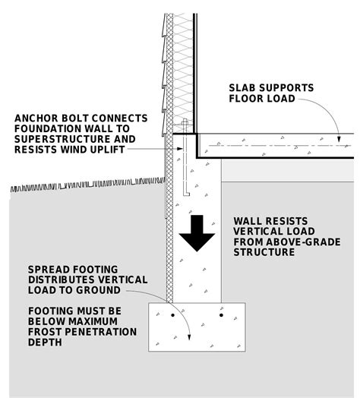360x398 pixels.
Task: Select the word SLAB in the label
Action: [x=244, y=88]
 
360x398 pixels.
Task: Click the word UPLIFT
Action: [x=106, y=149]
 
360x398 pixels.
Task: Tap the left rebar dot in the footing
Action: [x=172, y=314]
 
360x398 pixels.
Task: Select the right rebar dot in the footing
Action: [x=221, y=314]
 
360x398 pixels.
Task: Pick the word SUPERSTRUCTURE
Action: [x=58, y=139]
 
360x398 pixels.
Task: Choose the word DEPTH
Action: [x=44, y=343]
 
